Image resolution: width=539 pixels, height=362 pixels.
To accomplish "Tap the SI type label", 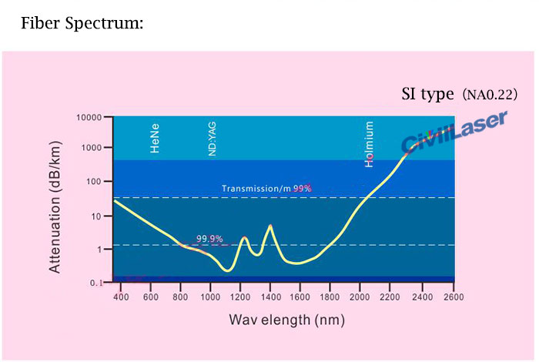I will (427, 95).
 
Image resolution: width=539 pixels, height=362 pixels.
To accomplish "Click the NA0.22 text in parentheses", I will (490, 96).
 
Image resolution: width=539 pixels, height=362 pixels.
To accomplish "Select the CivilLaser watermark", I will (454, 132).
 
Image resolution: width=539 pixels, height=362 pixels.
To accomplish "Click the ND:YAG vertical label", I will (213, 139).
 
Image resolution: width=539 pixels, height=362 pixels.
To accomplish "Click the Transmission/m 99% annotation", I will (266, 189).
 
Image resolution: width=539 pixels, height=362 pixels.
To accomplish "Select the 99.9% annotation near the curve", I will (209, 239).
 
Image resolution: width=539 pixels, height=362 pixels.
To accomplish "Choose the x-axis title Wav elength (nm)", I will (281, 320).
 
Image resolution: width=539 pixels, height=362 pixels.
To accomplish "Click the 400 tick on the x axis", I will (120, 297).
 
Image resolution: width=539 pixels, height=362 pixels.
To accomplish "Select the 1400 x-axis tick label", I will (269, 297).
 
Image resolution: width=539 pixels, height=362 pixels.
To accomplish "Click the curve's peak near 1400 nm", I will (269, 226).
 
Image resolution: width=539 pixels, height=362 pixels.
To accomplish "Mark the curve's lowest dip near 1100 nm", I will (227, 270).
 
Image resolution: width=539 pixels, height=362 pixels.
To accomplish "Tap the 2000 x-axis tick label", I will (360, 297).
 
